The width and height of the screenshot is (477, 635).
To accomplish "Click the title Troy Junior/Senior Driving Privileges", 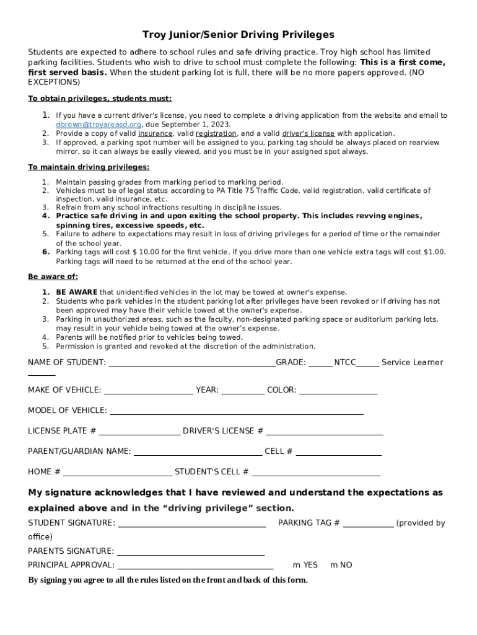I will [239, 35].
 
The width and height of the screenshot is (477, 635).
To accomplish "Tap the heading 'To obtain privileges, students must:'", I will [100, 99].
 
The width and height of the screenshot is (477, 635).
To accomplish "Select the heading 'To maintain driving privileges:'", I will [89, 167].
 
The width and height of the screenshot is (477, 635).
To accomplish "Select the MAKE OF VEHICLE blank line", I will [149, 391].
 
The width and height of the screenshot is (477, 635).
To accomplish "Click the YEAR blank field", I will [243, 391].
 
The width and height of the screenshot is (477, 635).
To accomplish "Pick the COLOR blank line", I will [338, 391].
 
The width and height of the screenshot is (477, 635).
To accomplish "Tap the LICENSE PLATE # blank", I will [139, 432].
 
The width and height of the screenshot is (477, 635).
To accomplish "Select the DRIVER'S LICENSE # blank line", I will [325, 432].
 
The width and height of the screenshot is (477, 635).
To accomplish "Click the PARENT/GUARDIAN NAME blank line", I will [198, 453].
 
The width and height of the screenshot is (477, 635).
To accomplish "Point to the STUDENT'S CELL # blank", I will [316, 473].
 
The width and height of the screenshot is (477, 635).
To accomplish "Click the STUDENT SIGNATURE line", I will [192, 525].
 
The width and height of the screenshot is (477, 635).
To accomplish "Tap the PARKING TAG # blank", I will [368, 525].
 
